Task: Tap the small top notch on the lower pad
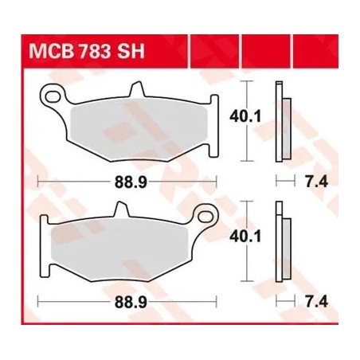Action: (122, 209)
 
